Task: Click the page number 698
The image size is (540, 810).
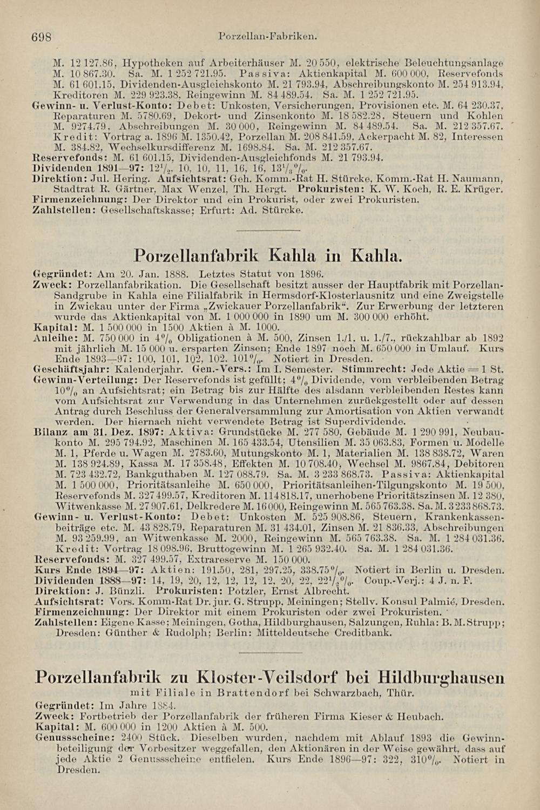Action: pos(40,37)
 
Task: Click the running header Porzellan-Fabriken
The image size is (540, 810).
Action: pos(267,37)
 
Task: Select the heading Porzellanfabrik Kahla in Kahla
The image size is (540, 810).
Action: pos(267,255)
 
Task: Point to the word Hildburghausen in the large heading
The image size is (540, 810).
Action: pos(441,677)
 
